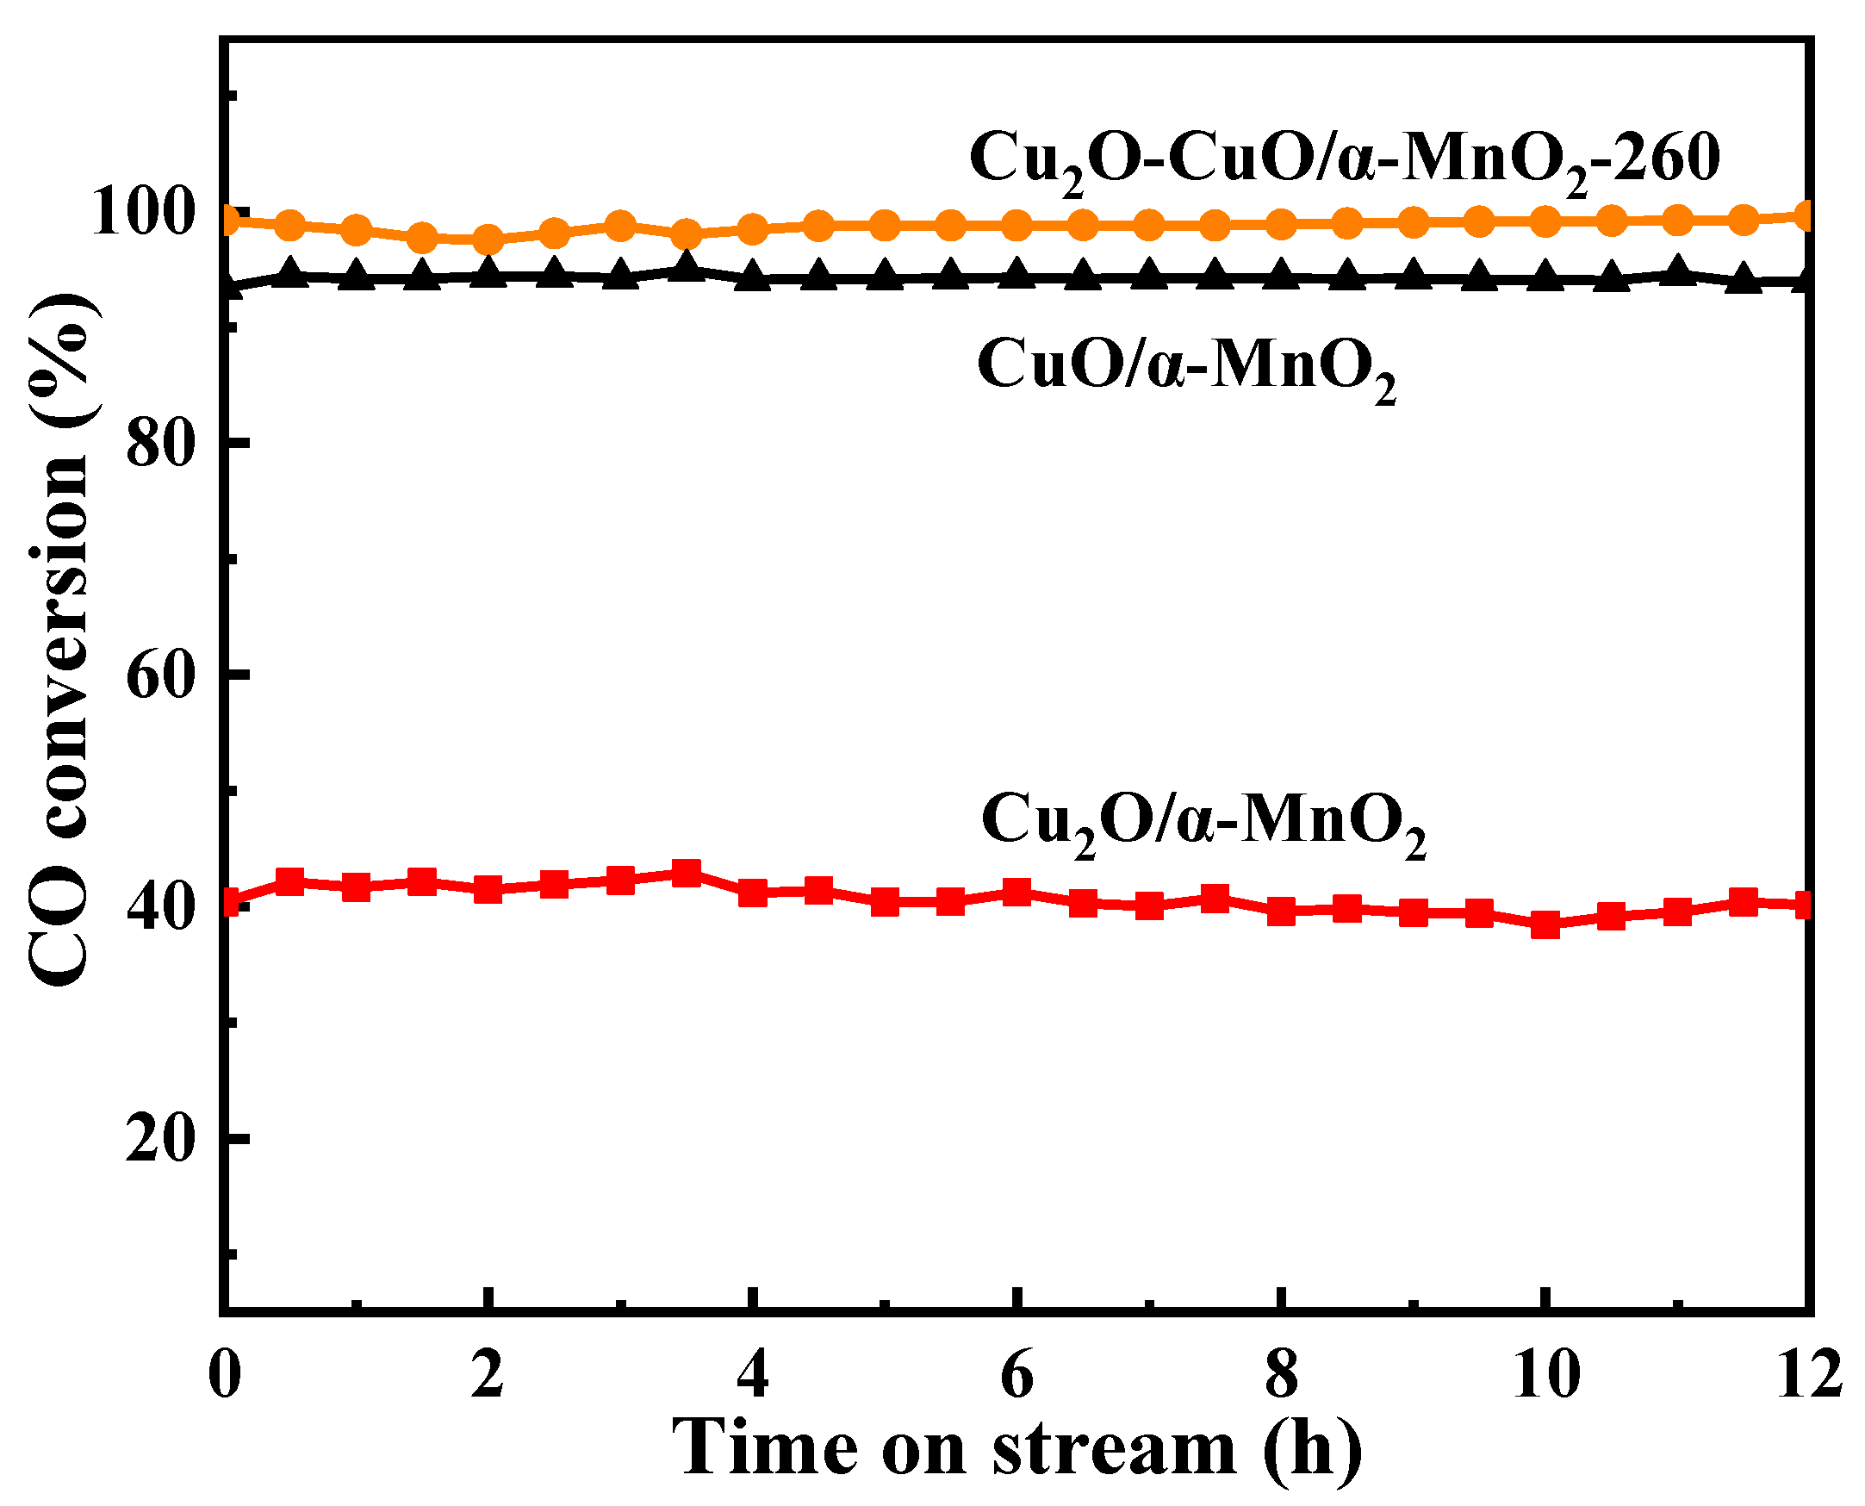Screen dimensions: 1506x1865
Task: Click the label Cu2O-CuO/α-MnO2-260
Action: (1344, 161)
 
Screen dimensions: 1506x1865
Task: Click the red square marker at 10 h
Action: (1545, 924)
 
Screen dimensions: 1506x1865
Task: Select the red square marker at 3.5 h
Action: (687, 874)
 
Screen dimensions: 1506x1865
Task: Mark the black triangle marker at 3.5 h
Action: (687, 267)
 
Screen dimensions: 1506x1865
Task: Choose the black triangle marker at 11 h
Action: (1676, 271)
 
